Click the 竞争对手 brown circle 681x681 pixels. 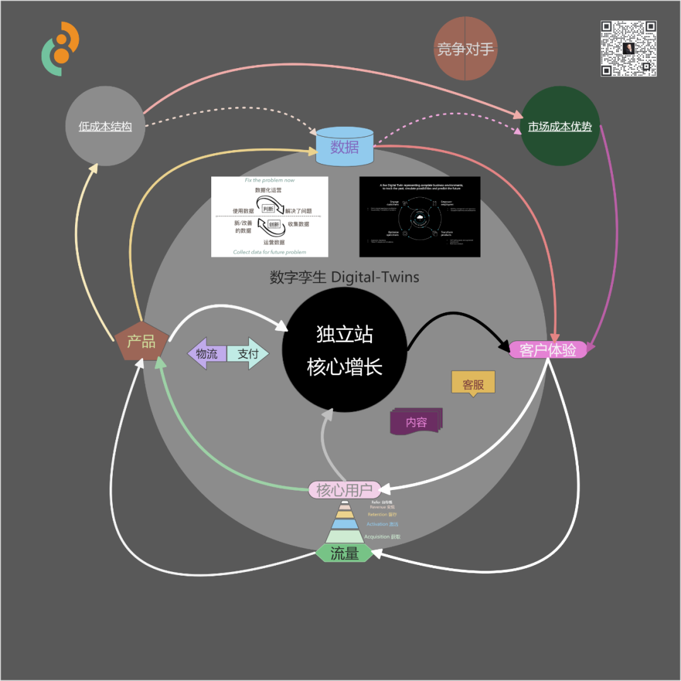(x=466, y=49)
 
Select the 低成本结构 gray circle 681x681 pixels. (x=105, y=126)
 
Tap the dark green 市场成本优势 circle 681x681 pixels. (x=560, y=127)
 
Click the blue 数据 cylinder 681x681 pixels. (x=344, y=148)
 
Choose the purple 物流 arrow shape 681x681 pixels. (x=207, y=354)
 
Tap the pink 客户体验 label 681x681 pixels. (x=547, y=350)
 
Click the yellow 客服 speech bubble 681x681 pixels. (x=473, y=383)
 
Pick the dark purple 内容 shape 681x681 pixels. (x=416, y=422)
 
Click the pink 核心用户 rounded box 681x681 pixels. (x=344, y=490)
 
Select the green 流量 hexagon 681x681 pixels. (x=344, y=554)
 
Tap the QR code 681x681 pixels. (x=629, y=49)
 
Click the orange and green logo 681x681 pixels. (x=61, y=49)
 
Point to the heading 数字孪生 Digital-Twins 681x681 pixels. (x=344, y=277)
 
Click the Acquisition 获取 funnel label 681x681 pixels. (x=382, y=537)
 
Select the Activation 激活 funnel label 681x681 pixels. (x=382, y=524)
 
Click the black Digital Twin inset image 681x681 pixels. (x=419, y=216)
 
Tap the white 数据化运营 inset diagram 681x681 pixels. (x=269, y=216)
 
